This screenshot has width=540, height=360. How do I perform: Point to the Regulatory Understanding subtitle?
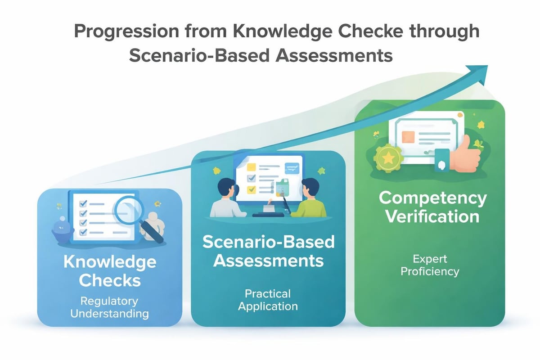pyautogui.click(x=110, y=307)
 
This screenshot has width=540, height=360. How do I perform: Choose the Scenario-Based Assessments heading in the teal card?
pyautogui.click(x=268, y=251)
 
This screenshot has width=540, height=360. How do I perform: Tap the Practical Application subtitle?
pyautogui.click(x=268, y=300)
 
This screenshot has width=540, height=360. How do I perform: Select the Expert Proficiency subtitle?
pyautogui.click(x=430, y=265)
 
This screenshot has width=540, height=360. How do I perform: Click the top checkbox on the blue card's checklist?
pyautogui.click(x=82, y=203)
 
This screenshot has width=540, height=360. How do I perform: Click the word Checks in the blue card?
pyautogui.click(x=110, y=280)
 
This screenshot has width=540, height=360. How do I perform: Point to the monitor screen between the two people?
pyautogui.click(x=268, y=178)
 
